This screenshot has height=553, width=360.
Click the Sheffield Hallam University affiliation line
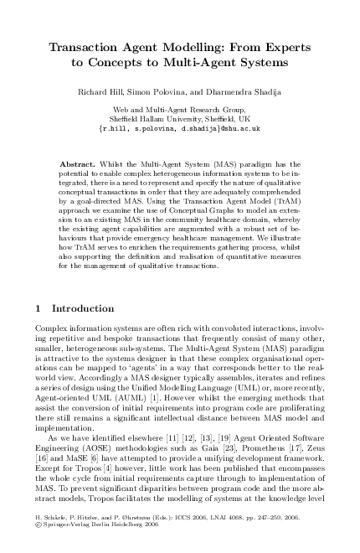point(180,118)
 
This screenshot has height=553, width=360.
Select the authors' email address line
point(180,128)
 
